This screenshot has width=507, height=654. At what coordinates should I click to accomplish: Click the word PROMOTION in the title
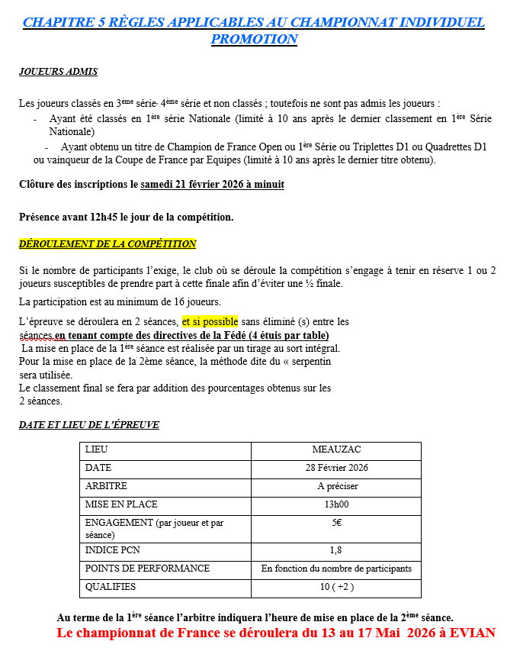(254, 39)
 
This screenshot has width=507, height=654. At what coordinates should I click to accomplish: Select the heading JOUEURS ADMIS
(58, 72)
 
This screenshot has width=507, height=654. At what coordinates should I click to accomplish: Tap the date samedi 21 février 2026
(212, 185)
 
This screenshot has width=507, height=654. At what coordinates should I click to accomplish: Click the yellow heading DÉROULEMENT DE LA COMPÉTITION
(107, 244)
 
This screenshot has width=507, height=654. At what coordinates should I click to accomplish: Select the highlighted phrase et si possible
(210, 321)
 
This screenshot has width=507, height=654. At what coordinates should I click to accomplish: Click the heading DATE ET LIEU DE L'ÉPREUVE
(89, 425)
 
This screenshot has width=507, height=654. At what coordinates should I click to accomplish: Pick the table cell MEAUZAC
(335, 450)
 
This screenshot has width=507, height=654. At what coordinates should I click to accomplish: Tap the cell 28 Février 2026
(335, 468)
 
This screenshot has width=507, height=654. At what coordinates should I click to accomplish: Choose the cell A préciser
(335, 486)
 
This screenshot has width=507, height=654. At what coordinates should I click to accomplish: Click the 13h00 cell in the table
(335, 504)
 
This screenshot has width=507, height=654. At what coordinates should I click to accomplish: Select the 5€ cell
(335, 523)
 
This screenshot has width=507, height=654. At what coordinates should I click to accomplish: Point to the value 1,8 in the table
(335, 550)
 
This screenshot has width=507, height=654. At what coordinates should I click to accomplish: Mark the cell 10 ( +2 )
(335, 587)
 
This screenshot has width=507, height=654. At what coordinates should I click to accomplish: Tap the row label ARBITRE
(107, 486)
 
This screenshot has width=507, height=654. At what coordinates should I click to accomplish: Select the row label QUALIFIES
(111, 587)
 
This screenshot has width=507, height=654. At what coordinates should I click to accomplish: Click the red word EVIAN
(473, 633)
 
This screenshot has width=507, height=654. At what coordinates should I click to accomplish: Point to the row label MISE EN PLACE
(122, 504)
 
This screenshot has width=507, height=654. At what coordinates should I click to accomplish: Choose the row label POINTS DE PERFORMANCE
(147, 569)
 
